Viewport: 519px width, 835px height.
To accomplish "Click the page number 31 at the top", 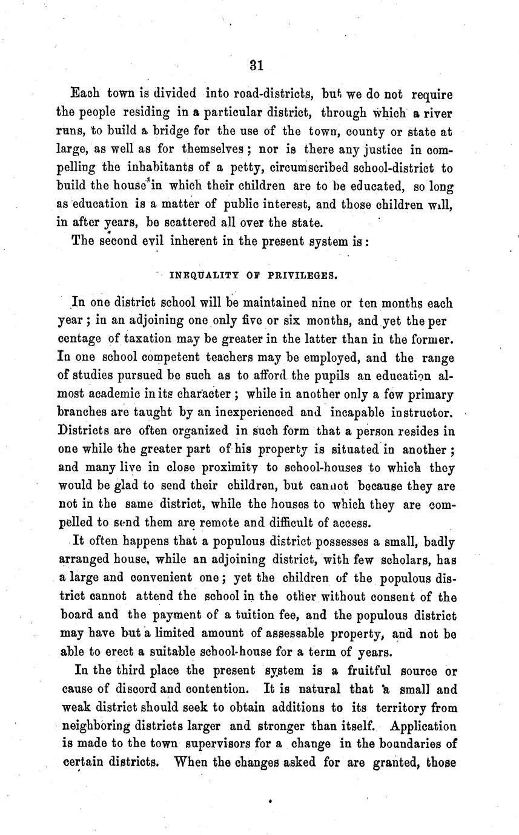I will [x=256, y=65].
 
